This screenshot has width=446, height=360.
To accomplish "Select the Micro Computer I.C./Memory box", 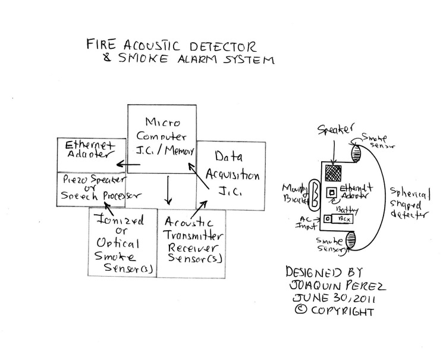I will tap(162, 138).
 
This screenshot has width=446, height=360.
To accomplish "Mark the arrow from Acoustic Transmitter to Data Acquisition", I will tap(202, 205).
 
